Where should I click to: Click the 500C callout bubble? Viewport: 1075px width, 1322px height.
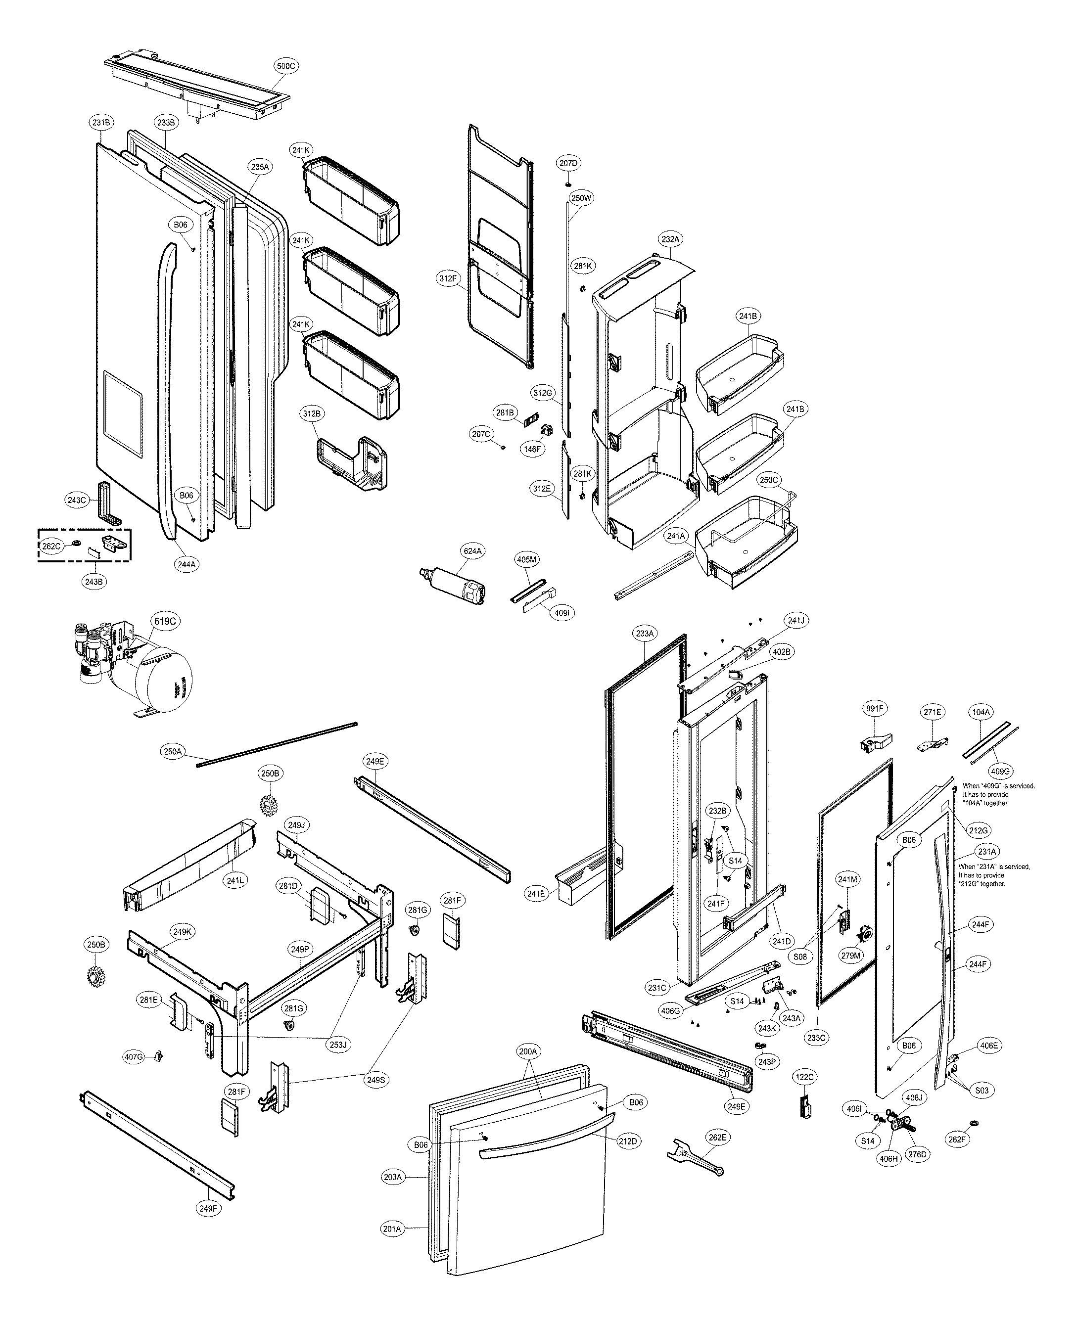pyautogui.click(x=285, y=66)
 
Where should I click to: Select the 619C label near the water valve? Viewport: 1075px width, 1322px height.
pyautogui.click(x=165, y=621)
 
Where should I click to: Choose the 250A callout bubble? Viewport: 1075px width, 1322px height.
pyautogui.click(x=173, y=751)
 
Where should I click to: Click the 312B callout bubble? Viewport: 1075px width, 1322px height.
pyautogui.click(x=312, y=413)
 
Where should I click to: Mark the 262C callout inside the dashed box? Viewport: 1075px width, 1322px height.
pyautogui.click(x=51, y=546)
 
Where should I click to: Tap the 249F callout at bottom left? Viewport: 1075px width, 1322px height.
pyautogui.click(x=209, y=1207)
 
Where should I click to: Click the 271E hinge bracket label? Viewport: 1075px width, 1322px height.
pyautogui.click(x=933, y=712)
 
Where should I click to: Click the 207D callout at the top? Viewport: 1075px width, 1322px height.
pyautogui.click(x=568, y=163)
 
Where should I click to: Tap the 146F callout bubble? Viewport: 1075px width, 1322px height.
pyautogui.click(x=532, y=450)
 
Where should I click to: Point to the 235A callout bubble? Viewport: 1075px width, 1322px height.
pyautogui.click(x=260, y=167)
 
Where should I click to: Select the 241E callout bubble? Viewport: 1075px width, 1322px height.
pyautogui.click(x=536, y=893)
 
